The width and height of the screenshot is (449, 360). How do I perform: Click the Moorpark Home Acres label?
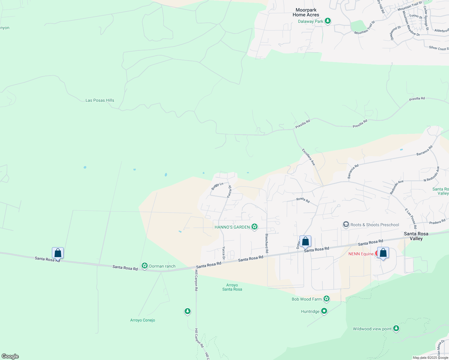click(306, 12)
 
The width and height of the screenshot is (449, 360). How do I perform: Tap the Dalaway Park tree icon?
click(328, 21)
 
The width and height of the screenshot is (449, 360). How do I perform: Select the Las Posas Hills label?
click(100, 100)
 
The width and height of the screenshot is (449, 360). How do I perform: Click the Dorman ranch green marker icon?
click(145, 266)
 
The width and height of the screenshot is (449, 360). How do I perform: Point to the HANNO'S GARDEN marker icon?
click(255, 227)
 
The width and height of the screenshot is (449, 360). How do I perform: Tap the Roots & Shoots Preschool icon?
click(346, 224)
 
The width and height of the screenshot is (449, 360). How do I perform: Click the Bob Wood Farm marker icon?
click(327, 299)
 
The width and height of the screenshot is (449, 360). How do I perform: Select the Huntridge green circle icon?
click(324, 311)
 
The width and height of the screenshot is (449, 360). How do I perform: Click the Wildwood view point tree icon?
click(396, 328)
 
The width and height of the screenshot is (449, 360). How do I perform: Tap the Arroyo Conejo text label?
click(143, 320)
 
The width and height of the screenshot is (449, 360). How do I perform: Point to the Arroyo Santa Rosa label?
click(232, 287)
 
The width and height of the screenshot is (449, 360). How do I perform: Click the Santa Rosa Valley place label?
click(416, 236)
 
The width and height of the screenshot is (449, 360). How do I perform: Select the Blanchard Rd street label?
click(267, 243)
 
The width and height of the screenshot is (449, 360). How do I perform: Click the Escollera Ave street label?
click(309, 157)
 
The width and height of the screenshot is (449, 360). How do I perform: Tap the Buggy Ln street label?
click(217, 186)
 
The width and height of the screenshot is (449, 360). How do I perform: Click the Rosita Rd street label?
click(303, 200)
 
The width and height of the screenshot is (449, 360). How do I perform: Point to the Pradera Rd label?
click(437, 222)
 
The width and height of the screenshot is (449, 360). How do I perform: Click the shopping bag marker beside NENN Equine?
click(383, 253)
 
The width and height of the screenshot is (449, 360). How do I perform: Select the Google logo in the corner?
click(10, 356)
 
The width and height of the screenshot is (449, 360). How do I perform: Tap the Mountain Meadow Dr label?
click(411, 24)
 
